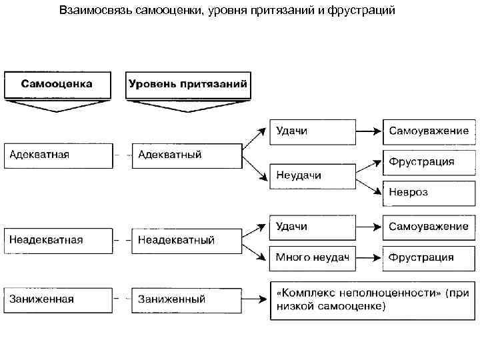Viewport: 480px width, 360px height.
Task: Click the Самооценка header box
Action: (x=57, y=85)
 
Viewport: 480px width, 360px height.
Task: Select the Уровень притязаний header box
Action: (x=187, y=85)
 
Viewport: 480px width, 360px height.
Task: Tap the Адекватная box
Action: (x=58, y=155)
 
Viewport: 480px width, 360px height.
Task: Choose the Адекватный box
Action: (x=186, y=155)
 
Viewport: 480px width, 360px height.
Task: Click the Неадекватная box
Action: (x=58, y=240)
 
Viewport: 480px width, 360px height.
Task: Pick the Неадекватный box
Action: (x=186, y=240)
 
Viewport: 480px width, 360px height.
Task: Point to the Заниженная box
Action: (x=58, y=299)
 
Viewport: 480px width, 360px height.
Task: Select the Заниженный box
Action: (x=186, y=299)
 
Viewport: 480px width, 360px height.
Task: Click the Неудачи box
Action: (x=312, y=175)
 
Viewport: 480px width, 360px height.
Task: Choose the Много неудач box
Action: (x=312, y=257)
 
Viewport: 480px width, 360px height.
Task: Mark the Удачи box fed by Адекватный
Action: (x=312, y=131)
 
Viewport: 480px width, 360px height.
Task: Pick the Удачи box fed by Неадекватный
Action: (x=312, y=227)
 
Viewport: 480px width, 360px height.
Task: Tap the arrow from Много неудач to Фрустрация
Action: (x=369, y=257)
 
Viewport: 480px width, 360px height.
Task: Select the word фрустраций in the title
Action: (x=363, y=11)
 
